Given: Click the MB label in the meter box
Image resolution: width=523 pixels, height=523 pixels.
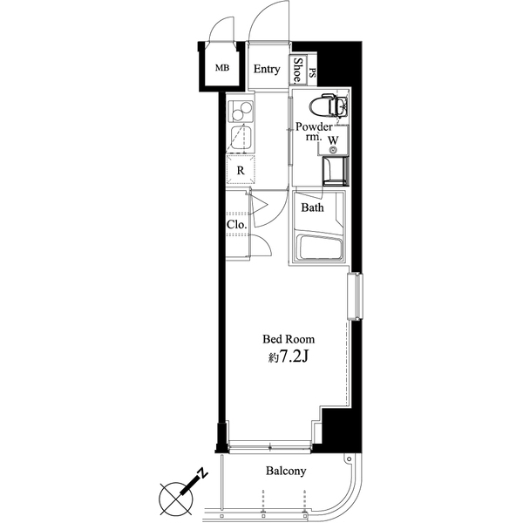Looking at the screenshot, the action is click(x=222, y=68).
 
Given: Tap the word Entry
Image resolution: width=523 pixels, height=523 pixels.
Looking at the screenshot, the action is click(x=267, y=69).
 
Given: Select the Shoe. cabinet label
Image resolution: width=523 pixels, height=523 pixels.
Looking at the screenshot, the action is click(x=297, y=70).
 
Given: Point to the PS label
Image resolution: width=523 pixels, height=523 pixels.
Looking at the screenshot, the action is click(x=312, y=72).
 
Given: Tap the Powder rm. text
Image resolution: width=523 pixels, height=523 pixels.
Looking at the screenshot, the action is click(x=314, y=131).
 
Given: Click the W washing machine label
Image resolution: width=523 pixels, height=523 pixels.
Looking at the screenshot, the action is click(x=333, y=140).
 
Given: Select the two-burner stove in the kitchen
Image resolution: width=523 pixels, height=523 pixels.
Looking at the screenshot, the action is click(x=241, y=112).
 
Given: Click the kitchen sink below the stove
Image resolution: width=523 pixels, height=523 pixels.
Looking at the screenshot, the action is click(x=241, y=138).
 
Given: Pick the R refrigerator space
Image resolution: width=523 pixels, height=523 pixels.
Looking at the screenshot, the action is click(x=241, y=170).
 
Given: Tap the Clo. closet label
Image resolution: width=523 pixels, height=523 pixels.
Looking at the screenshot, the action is click(x=237, y=225).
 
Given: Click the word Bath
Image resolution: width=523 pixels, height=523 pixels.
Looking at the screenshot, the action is click(x=312, y=207).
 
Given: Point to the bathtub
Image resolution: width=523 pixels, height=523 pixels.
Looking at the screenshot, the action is click(x=319, y=248).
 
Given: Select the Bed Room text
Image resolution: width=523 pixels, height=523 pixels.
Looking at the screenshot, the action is click(x=289, y=339).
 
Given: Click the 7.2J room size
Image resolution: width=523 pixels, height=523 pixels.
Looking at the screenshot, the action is click(x=293, y=357).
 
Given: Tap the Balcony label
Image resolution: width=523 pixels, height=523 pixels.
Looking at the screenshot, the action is click(x=286, y=471).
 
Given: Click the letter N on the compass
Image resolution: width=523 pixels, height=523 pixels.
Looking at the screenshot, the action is click(x=202, y=473).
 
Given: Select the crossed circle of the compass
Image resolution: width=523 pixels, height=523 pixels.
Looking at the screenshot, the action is click(x=176, y=499).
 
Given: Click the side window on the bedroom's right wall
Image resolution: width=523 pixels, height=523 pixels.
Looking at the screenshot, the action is click(x=355, y=296).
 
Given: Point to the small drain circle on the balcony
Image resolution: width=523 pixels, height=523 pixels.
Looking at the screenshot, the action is click(x=349, y=459).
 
